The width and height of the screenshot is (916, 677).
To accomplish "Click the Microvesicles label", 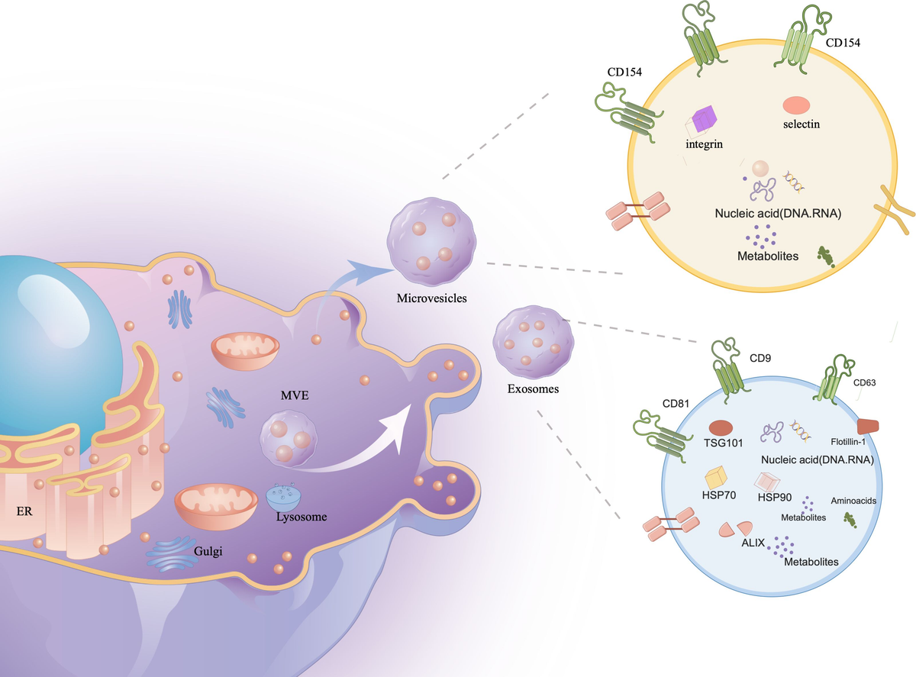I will pyautogui.click(x=431, y=298).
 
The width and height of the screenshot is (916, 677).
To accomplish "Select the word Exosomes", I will pyautogui.click(x=533, y=388).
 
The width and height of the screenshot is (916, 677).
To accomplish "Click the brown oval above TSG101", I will pyautogui.click(x=721, y=429).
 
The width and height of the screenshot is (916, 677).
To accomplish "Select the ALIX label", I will pyautogui.click(x=753, y=543).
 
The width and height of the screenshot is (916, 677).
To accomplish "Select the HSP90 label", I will pyautogui.click(x=775, y=497).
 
